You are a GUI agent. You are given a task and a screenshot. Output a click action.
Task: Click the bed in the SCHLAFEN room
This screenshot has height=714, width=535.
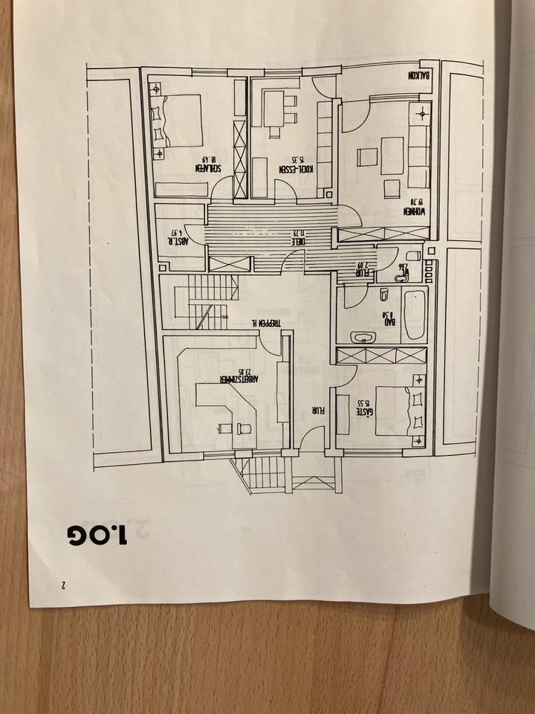(183, 120)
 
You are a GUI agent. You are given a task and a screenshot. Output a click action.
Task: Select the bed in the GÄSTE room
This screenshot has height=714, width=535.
(392, 411)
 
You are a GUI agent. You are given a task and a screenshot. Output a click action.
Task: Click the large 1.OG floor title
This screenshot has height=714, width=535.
(97, 533)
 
